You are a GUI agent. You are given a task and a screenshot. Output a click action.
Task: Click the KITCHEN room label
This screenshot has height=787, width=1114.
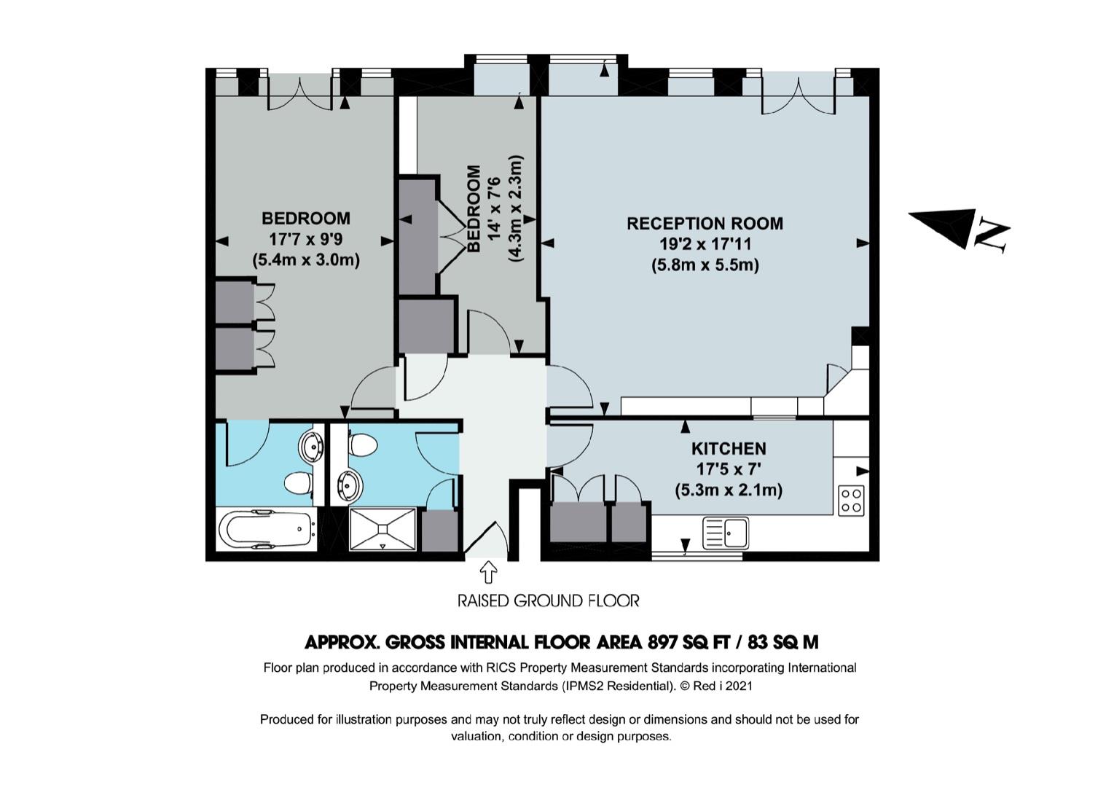coord(729,449)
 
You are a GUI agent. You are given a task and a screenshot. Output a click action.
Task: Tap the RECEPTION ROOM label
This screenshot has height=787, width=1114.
coord(705,224)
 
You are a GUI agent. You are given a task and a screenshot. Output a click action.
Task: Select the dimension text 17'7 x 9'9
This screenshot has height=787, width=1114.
coord(306,239)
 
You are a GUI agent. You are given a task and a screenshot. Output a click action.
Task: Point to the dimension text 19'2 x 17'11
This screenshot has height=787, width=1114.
coord(705,244)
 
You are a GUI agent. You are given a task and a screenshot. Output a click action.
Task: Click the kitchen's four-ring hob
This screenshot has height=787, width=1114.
coord(851,501)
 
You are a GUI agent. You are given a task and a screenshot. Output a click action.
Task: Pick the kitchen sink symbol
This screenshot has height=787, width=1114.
coord(726,533)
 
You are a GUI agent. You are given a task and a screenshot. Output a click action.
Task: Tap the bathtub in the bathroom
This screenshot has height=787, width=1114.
coord(267,529)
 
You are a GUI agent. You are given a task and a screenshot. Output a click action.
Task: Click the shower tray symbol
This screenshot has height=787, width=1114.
coord(383,529)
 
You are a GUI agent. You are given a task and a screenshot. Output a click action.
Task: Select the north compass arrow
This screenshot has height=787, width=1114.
coord(941,227)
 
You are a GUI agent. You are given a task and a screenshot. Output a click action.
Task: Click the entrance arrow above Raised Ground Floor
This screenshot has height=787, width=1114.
coord(488,571)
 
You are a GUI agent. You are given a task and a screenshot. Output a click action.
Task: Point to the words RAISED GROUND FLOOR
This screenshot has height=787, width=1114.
coord(548,601)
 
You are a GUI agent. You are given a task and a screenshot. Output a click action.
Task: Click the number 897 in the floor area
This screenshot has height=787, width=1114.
coord(662,642)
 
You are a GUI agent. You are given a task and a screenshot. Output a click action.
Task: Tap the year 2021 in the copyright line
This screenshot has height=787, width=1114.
coord(738,686)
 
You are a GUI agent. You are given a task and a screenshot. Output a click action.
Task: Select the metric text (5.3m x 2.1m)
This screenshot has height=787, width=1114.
coord(729,490)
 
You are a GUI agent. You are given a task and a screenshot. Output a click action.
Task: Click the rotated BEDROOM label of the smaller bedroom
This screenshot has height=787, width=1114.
coord(474,208)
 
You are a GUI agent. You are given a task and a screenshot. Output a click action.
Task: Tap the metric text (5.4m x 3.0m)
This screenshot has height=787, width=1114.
coord(306,260)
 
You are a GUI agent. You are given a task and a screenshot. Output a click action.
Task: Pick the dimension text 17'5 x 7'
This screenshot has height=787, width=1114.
coord(728,469)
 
